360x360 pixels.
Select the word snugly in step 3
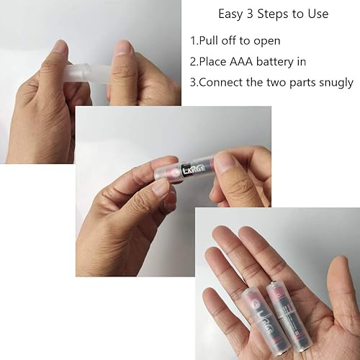tap(333, 83)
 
